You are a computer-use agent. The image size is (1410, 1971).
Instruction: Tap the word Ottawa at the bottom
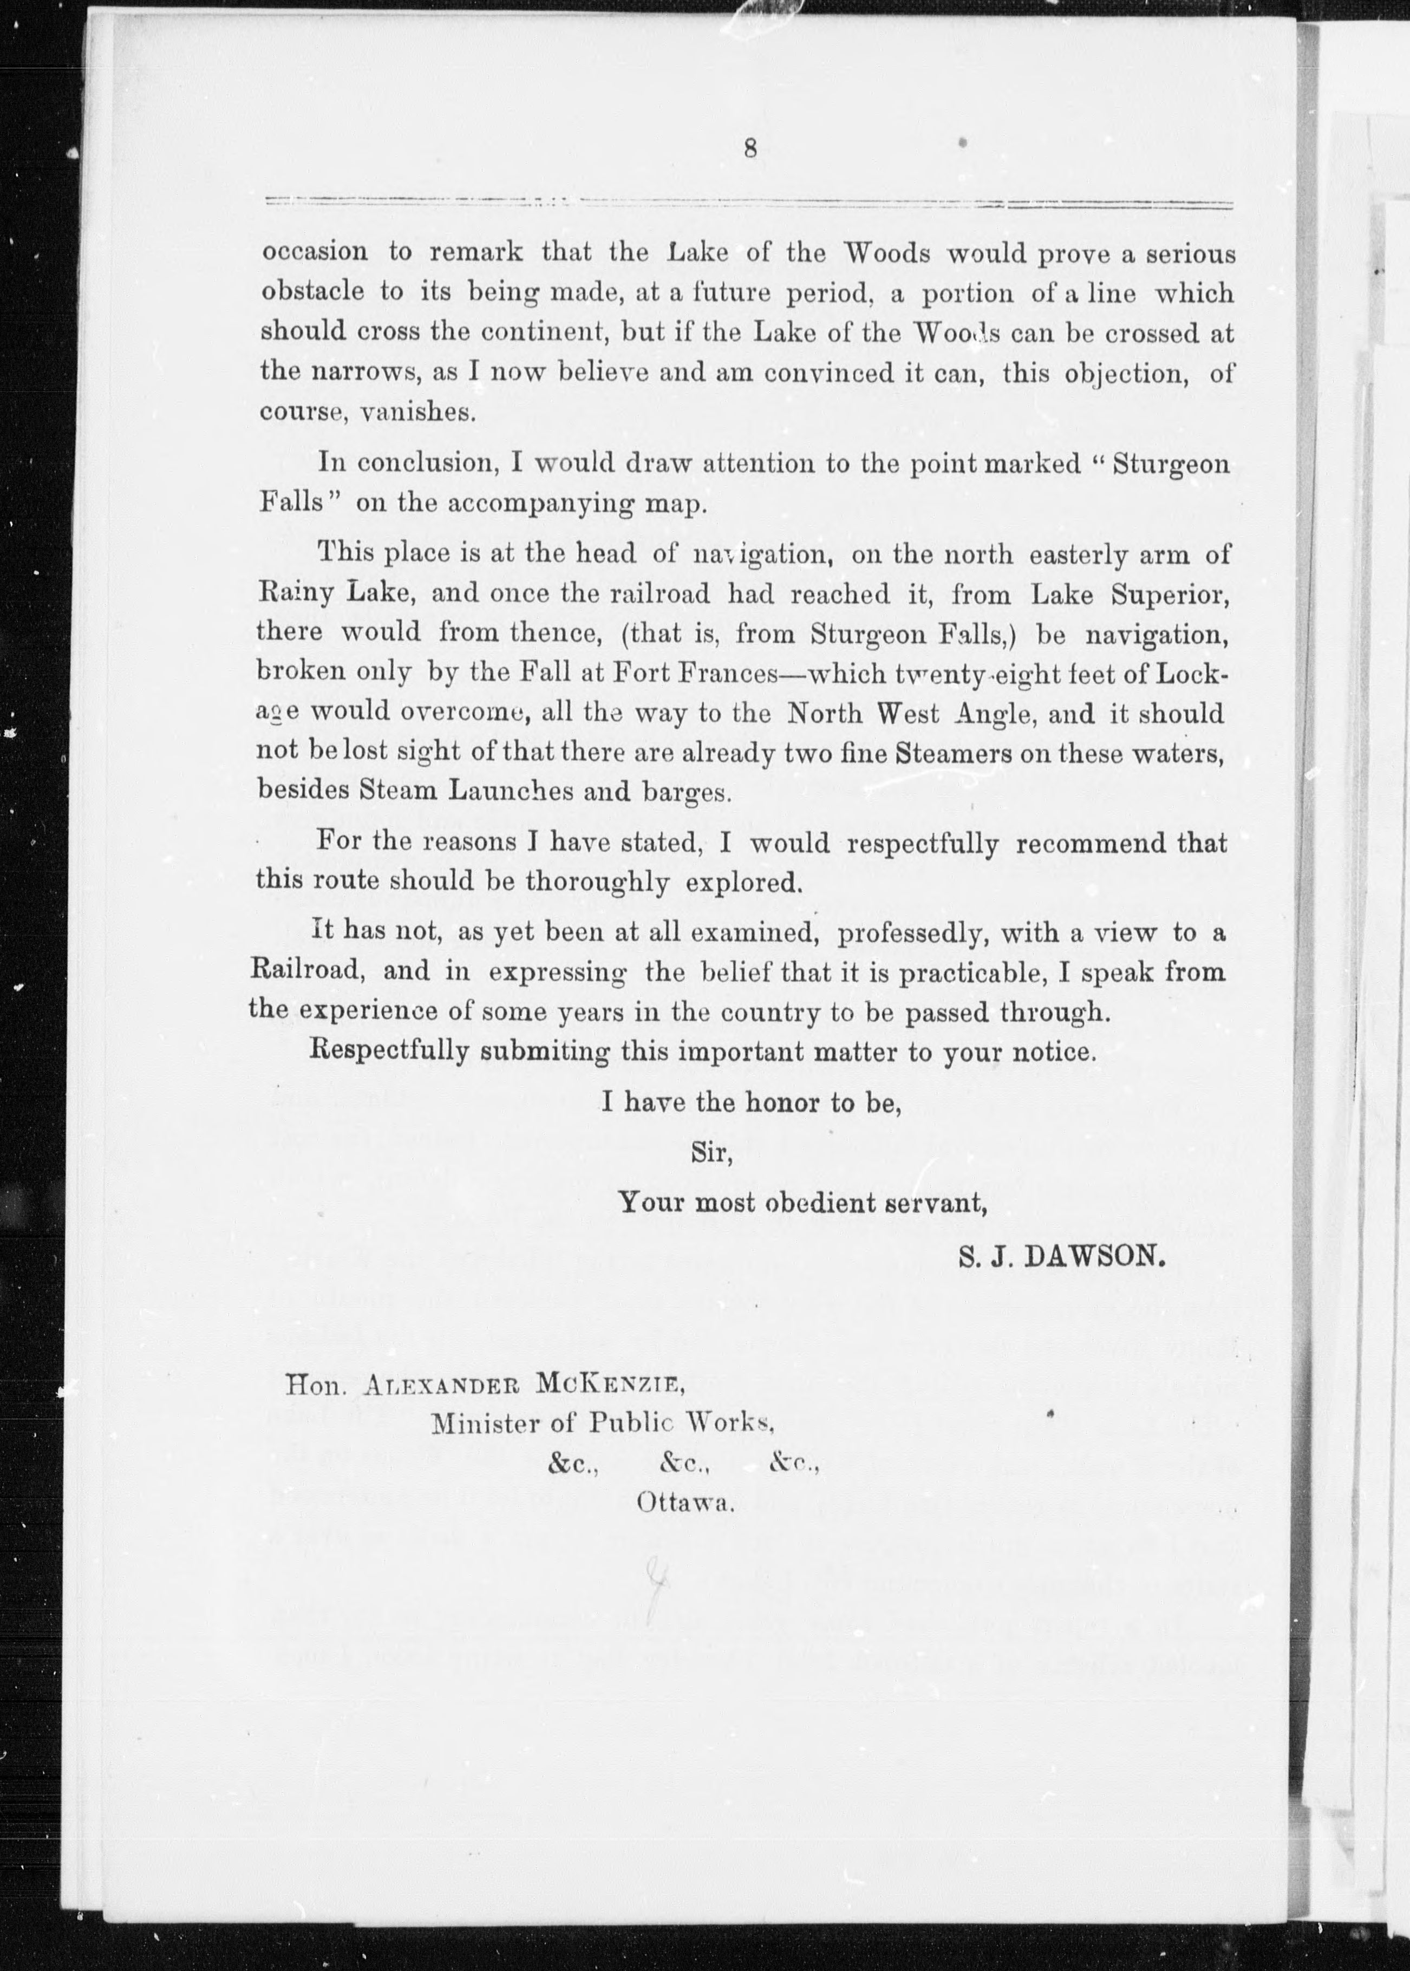(686, 1502)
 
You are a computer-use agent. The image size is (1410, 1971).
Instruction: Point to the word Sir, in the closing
(711, 1153)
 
